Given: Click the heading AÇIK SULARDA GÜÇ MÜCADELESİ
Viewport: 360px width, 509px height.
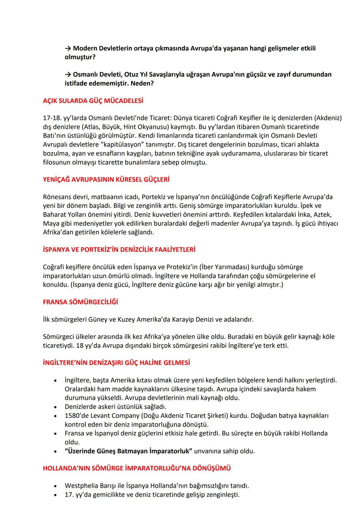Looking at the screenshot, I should [93, 101].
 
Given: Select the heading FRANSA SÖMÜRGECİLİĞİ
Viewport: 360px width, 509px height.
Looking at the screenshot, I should [80, 302].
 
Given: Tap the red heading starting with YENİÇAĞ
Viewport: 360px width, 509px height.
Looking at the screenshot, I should [106, 180].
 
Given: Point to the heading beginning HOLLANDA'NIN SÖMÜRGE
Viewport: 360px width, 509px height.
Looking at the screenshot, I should [137, 468].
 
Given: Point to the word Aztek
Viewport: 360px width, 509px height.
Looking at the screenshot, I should [323, 215].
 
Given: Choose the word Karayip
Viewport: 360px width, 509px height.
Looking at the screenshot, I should [183, 319].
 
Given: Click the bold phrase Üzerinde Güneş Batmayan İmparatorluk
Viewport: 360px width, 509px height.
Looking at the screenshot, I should [128, 451].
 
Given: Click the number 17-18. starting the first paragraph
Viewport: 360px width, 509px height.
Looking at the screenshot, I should [51, 118].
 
